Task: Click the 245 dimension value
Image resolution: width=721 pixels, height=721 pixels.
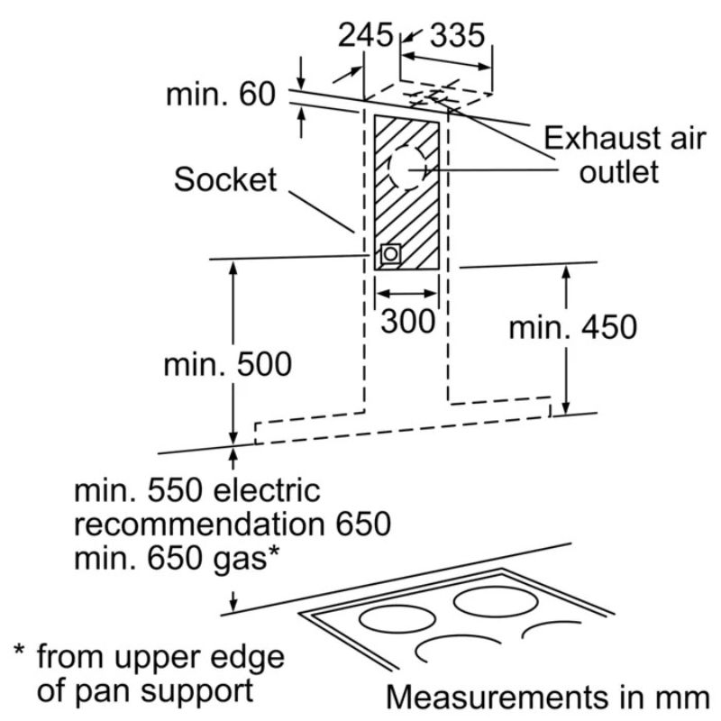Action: coord(366,35)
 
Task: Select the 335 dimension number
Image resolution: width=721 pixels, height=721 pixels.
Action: coord(457,35)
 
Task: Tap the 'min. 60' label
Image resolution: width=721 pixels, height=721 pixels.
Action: coord(221,95)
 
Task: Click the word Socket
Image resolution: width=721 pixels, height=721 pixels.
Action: coord(225,179)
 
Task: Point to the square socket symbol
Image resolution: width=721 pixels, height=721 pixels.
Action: coord(390,254)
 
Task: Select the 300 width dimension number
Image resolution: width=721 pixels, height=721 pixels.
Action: coord(407,321)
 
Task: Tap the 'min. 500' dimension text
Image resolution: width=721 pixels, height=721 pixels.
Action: coord(228,365)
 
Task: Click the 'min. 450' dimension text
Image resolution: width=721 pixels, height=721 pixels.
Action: coord(573,327)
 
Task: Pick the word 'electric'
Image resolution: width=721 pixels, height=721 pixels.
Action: coord(267,490)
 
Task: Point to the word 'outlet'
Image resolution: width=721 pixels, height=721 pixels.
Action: coord(619,172)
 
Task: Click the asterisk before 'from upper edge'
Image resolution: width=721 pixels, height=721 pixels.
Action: coord(19,651)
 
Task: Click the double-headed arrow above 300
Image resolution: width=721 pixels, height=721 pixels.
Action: coord(406,294)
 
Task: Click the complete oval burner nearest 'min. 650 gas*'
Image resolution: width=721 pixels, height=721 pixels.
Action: coord(397,619)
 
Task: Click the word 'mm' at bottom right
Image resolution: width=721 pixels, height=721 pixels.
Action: coord(687,698)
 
